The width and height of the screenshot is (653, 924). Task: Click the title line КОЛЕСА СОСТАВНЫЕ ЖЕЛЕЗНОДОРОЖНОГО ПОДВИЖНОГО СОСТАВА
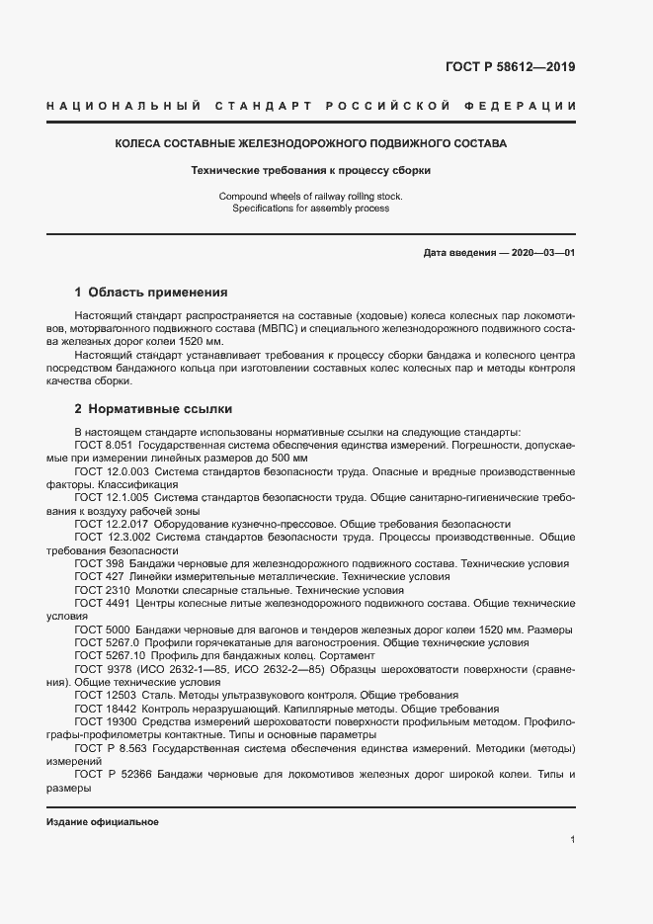[x=310, y=144]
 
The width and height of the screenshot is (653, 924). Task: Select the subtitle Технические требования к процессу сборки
[x=310, y=170]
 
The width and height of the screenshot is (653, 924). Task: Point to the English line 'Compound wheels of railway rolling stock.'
[x=310, y=197]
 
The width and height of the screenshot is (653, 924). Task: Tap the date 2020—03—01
[x=540, y=253]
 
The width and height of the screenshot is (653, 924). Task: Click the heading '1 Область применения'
[x=151, y=293]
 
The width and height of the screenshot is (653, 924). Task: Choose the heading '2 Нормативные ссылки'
[x=153, y=408]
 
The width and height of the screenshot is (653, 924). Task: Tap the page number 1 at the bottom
[x=573, y=840]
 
